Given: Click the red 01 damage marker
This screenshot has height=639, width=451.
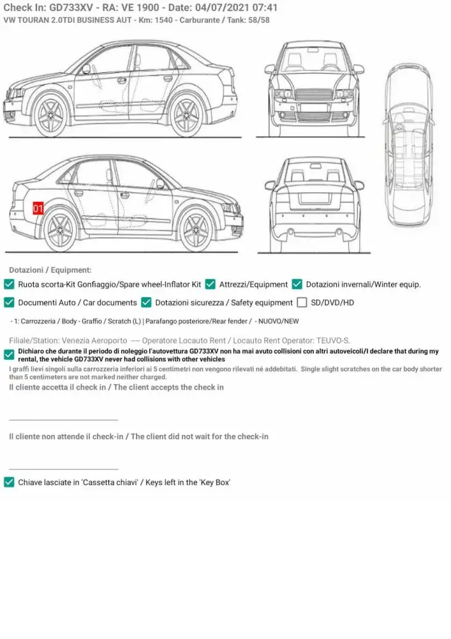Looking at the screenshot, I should pos(38,208).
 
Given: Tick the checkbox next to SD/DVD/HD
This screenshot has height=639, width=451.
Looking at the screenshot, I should pos(302,302).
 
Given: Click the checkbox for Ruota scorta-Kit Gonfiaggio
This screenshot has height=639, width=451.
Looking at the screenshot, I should pos(10,284).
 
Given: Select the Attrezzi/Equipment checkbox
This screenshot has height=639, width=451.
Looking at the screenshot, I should pos(211,284).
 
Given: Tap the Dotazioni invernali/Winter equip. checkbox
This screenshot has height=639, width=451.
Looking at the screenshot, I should pos(297,284).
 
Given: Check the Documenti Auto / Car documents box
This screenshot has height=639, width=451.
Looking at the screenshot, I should pos(10,302).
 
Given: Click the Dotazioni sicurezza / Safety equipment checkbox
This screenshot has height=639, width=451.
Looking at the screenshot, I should pos(147,302).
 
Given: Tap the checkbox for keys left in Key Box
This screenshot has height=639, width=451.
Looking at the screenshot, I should pos(10,482).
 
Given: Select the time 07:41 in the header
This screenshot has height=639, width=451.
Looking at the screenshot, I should pos(265,8).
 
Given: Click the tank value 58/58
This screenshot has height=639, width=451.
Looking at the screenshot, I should pos(256,20).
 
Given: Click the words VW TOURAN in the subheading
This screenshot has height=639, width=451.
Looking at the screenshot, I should pos(27,20).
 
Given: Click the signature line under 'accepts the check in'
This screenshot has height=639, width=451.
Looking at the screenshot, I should pos(64,420).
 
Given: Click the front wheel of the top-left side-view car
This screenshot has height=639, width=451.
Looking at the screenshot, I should pos(52,115).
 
